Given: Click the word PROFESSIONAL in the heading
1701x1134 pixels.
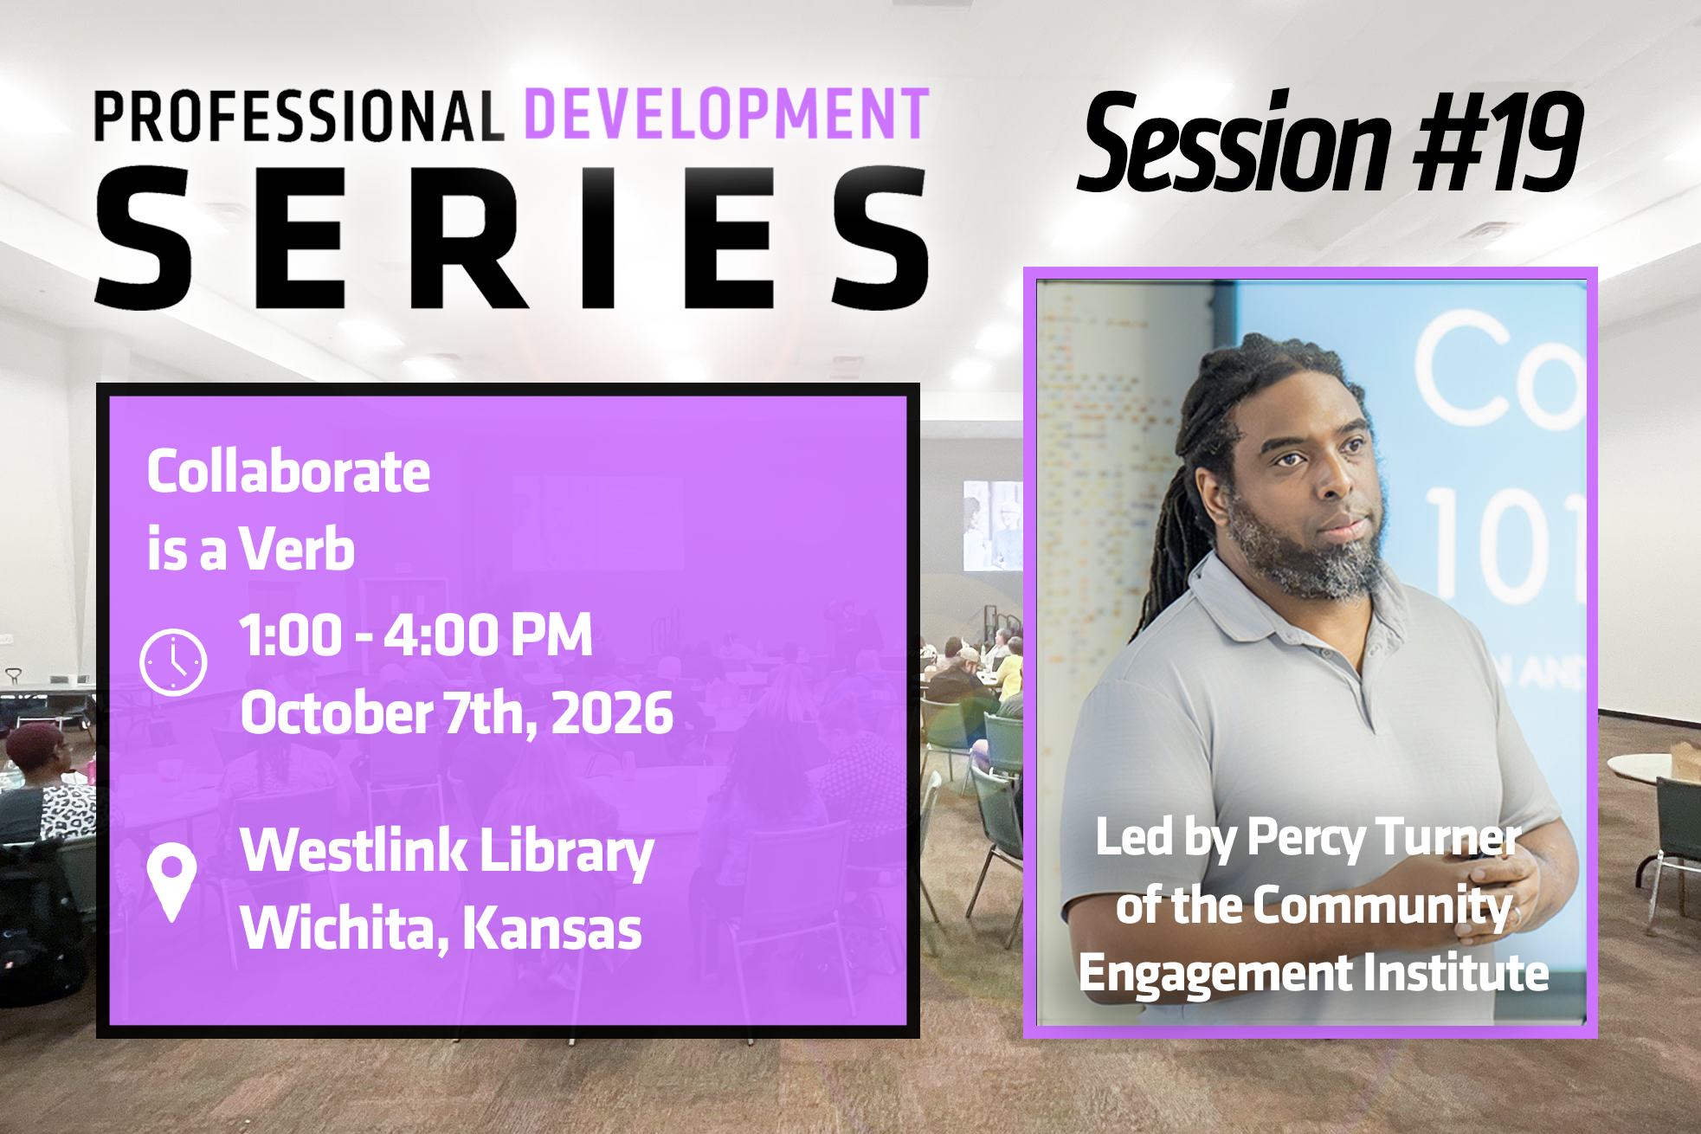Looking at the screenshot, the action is (x=299, y=116).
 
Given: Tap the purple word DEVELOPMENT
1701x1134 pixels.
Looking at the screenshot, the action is (x=727, y=113).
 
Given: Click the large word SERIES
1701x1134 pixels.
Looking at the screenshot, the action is (x=512, y=237).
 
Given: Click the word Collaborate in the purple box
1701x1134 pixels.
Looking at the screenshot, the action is (x=288, y=472).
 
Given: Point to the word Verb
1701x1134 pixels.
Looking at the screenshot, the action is (x=297, y=549).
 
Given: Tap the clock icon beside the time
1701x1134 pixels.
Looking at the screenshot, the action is (x=173, y=662).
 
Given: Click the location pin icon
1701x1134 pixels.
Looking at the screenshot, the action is (x=171, y=882).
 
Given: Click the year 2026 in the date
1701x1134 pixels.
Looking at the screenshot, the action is (x=612, y=713).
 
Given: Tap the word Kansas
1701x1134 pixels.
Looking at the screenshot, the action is (x=552, y=928).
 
